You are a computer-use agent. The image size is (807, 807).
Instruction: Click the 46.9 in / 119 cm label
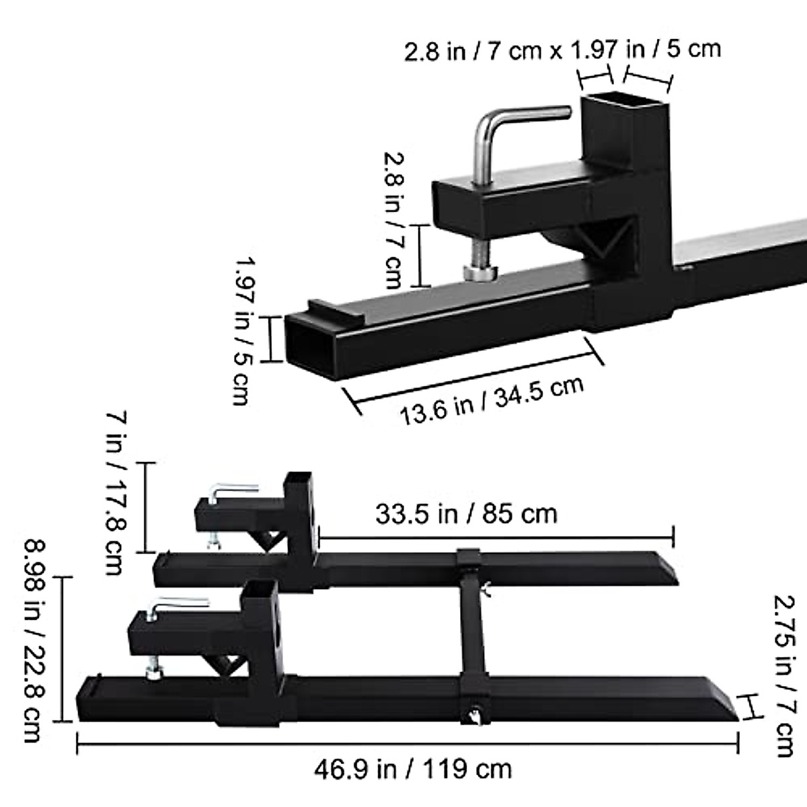413,769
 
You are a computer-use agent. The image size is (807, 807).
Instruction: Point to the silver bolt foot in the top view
481,272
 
